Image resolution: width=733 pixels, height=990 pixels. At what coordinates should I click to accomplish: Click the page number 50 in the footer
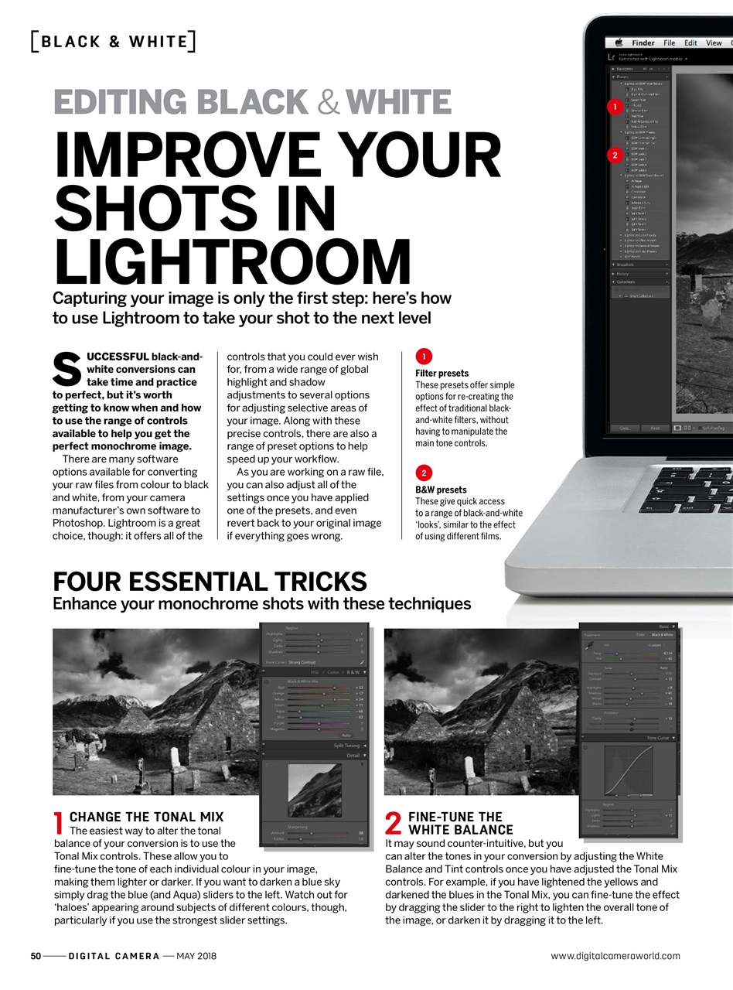[x=36, y=956]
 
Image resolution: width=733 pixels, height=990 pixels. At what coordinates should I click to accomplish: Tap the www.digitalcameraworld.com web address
[x=615, y=956]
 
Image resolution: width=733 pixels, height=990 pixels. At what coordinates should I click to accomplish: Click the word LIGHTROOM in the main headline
[x=232, y=261]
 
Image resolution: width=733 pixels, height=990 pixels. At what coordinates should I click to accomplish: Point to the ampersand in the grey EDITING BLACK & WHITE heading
[x=328, y=103]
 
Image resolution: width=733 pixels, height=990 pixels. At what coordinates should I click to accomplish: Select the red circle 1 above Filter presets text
[x=424, y=357]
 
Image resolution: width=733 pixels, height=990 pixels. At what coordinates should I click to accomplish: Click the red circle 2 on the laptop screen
[x=615, y=155]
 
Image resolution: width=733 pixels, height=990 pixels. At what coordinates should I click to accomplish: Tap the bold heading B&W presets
[x=441, y=490]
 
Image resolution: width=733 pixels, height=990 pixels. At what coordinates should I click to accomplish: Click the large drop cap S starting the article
[x=66, y=370]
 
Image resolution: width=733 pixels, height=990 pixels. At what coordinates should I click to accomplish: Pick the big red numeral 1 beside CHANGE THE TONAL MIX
[x=59, y=824]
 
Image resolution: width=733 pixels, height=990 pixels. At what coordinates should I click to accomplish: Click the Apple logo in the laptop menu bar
[x=619, y=43]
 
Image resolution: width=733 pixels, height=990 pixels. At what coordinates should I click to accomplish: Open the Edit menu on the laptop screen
[x=690, y=43]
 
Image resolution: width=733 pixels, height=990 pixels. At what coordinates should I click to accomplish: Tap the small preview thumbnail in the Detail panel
[x=314, y=790]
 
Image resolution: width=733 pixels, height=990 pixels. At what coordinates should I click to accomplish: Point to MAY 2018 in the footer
[x=196, y=956]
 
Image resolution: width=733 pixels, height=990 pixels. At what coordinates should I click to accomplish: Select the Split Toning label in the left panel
[x=346, y=746]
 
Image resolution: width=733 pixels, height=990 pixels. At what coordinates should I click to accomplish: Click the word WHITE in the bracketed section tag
[x=158, y=42]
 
